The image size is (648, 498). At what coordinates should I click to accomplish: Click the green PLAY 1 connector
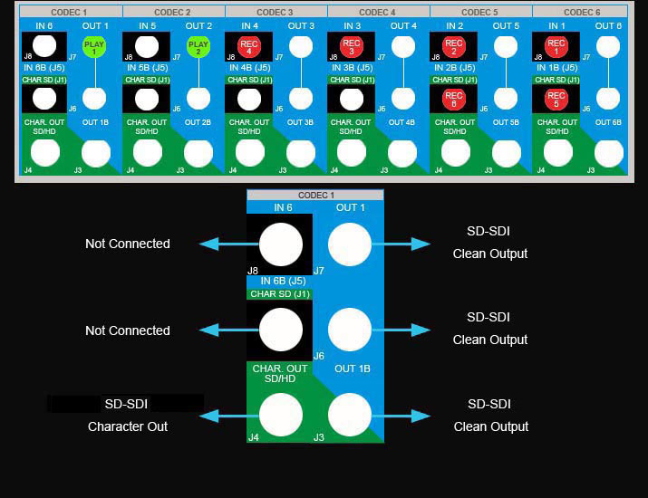[x=93, y=47]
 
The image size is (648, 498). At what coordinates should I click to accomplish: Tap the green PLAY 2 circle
[x=198, y=47]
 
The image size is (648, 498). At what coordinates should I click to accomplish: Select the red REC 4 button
[x=249, y=47]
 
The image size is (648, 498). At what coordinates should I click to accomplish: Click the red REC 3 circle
[x=352, y=47]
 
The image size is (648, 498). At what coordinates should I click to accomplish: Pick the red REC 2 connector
[x=454, y=47]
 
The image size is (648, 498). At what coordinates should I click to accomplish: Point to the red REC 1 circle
[x=556, y=47]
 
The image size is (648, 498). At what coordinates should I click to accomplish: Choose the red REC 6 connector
[x=454, y=99]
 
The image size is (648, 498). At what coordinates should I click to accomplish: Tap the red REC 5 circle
[x=556, y=99]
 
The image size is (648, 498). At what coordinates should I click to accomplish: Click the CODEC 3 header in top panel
[x=276, y=12]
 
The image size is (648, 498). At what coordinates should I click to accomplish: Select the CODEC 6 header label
[x=582, y=12]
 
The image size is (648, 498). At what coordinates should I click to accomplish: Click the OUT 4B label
[x=402, y=122]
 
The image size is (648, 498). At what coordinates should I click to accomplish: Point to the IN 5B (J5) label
[x=147, y=68]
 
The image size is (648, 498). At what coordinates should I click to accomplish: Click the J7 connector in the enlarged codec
[x=350, y=244]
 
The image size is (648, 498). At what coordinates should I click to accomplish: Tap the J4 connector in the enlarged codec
[x=280, y=416]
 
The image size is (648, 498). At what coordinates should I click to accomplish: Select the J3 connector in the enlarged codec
[x=350, y=416]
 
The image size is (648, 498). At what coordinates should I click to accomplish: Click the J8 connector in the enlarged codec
[x=280, y=244]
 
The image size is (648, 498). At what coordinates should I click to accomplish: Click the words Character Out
[x=127, y=426]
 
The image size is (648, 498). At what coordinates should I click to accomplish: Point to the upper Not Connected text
[x=127, y=244]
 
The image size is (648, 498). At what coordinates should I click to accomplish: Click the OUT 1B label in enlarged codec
[x=353, y=369]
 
